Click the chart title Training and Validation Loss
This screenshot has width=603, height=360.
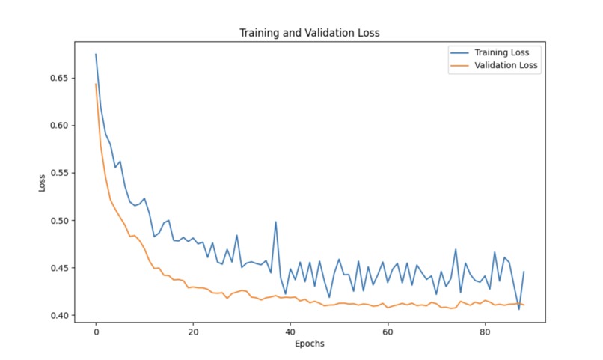click(x=310, y=33)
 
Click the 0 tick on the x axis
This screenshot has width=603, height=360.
click(x=96, y=332)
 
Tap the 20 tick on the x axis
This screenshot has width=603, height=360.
click(x=193, y=332)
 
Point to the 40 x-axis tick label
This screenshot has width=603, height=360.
click(x=290, y=332)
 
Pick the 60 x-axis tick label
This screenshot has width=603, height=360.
click(x=388, y=332)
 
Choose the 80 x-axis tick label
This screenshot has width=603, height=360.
click(x=485, y=332)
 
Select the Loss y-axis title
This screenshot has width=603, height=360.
click(x=43, y=183)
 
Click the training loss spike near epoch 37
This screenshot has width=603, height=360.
click(x=275, y=222)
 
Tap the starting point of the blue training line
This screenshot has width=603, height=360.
click(x=96, y=55)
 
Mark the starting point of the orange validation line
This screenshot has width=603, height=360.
click(x=96, y=84)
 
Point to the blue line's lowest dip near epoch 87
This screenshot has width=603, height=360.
click(x=518, y=309)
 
